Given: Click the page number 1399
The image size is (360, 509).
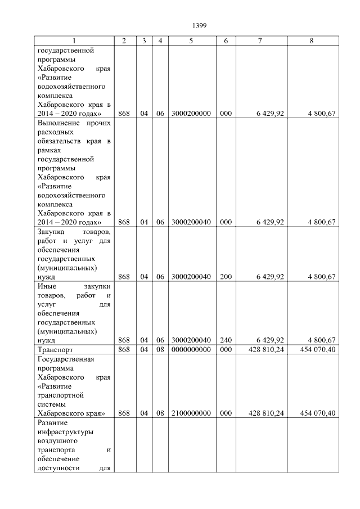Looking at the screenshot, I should click(x=200, y=25).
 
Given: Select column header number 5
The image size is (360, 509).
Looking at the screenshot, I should click(x=191, y=41).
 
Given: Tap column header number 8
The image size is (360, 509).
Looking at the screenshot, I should click(x=312, y=41).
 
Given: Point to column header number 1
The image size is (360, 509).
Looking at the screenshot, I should click(x=74, y=41).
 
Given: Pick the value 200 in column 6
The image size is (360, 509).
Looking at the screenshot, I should click(x=226, y=276).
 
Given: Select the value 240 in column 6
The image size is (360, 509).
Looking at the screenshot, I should click(x=226, y=340).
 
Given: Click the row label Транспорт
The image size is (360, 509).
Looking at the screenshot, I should click(x=55, y=349).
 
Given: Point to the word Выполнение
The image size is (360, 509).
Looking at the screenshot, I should click(x=58, y=123).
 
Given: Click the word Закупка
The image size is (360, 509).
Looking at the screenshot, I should click(x=51, y=231).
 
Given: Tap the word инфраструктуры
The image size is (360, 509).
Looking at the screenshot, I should click(x=65, y=432).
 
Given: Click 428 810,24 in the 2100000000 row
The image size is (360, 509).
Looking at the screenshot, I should click(x=267, y=413).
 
